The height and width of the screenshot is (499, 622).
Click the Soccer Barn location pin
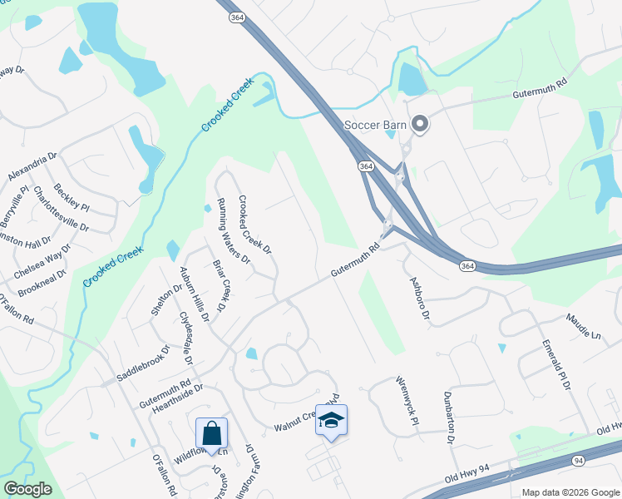click(420, 126)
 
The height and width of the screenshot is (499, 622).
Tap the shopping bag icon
click(211, 433)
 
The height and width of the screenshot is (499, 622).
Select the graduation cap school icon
click(331, 421)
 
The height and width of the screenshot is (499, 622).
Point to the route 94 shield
click(579, 460)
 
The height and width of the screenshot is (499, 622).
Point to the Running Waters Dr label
click(234, 230)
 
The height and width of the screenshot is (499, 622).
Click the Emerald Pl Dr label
click(555, 364)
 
